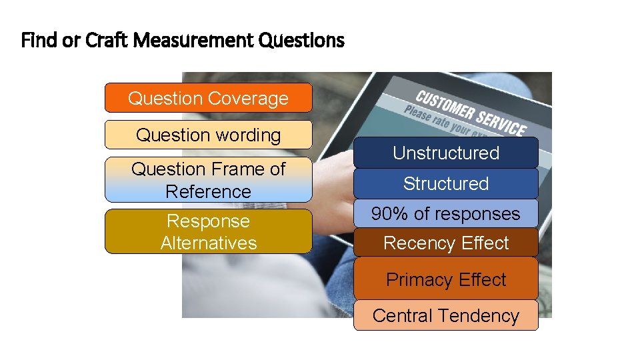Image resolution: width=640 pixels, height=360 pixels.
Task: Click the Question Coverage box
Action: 208,98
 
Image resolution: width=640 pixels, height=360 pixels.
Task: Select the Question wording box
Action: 208,135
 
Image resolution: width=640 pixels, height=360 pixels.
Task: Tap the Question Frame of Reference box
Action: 208,180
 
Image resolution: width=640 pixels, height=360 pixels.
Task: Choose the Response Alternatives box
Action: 208,231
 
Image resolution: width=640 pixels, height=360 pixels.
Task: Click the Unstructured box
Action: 445,153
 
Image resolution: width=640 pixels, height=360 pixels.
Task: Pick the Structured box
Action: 445,183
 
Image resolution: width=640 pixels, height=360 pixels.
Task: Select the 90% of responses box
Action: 445,213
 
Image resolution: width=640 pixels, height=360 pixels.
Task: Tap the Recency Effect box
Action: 445,243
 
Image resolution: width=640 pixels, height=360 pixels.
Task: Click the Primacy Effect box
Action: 445,279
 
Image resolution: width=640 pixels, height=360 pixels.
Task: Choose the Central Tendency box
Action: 445,315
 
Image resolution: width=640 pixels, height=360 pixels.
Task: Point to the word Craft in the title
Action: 107,41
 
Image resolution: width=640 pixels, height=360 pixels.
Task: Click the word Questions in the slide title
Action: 301,41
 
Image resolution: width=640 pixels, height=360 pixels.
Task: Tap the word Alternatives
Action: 209,243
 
